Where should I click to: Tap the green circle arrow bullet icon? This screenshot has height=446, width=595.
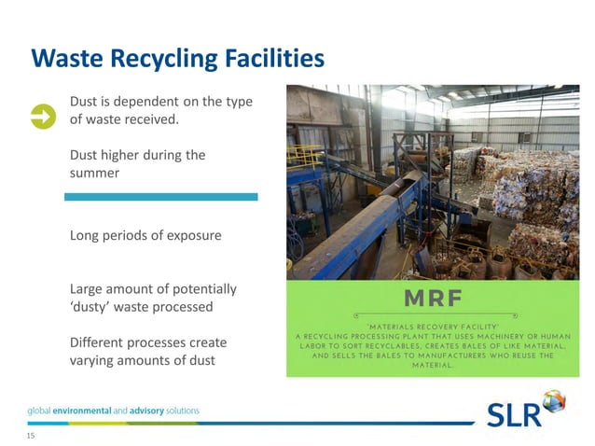click(x=43, y=116)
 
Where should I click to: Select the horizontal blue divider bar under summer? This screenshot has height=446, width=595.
click(x=160, y=197)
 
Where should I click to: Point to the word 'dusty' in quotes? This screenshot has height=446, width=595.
click(x=94, y=306)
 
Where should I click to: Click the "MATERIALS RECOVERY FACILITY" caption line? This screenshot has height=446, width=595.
click(x=430, y=324)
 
